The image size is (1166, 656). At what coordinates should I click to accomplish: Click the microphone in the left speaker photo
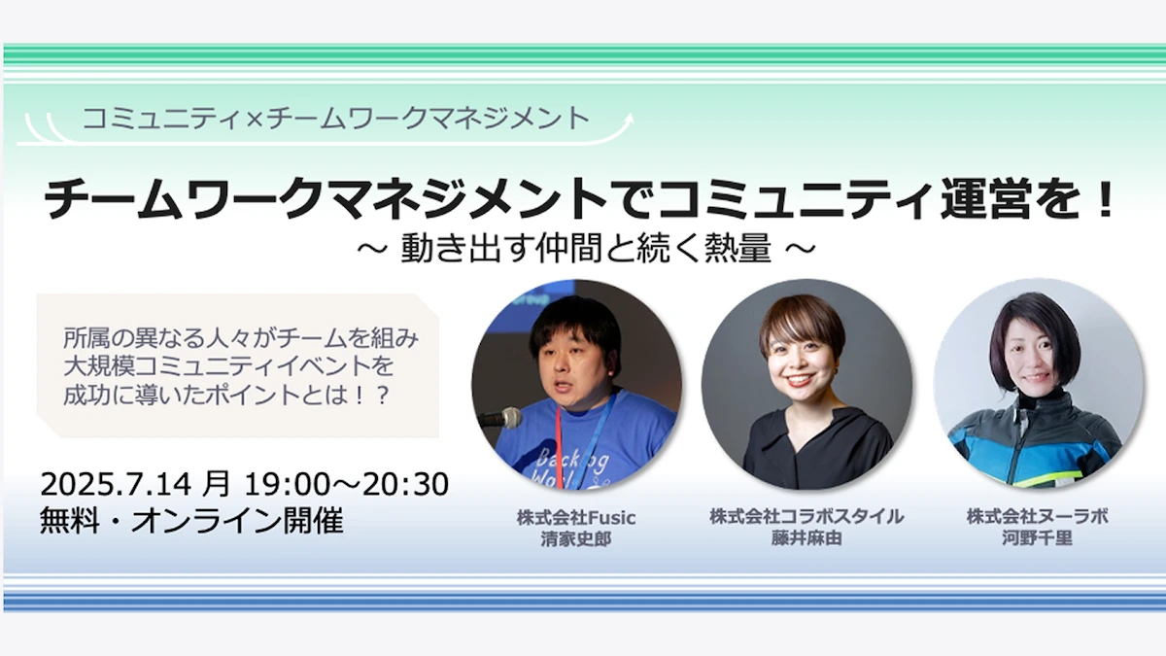500,418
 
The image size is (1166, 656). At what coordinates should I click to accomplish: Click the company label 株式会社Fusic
576,517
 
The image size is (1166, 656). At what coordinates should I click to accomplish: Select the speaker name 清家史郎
575,538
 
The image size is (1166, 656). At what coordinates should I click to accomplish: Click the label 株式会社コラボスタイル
806,516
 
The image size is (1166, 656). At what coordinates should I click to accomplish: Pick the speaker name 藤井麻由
806,537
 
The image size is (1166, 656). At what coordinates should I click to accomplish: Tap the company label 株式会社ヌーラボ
1038,516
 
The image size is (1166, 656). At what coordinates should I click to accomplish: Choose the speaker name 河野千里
1038,537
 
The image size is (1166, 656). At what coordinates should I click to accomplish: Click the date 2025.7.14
116,484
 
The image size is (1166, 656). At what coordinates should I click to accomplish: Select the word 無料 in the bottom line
70,520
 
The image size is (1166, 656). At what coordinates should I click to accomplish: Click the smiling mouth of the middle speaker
800,380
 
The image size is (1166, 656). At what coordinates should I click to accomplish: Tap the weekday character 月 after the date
216,484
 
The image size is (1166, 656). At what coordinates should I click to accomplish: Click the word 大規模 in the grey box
100,366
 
